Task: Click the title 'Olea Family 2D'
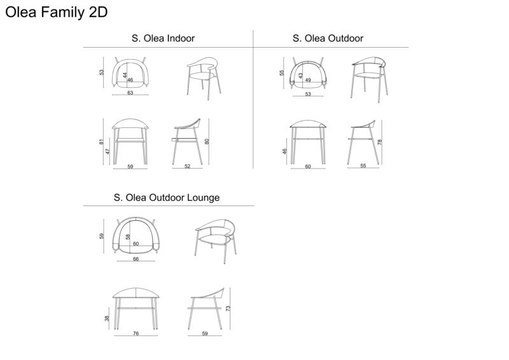(x=57, y=13)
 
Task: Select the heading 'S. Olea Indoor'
(x=163, y=38)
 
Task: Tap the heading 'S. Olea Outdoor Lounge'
(x=167, y=198)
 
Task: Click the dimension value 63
(x=130, y=93)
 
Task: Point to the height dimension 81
(x=101, y=142)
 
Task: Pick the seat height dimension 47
(x=108, y=151)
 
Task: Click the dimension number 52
(x=187, y=166)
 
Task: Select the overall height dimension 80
(x=207, y=142)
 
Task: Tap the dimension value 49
(x=308, y=80)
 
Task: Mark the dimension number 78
(x=380, y=142)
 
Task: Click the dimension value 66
(x=136, y=259)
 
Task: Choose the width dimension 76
(x=136, y=333)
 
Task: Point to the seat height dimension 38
(x=107, y=319)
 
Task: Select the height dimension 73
(x=228, y=308)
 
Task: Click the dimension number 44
(x=125, y=75)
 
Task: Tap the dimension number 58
(x=128, y=237)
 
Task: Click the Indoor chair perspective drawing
(x=204, y=78)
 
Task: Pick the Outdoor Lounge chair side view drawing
(x=206, y=308)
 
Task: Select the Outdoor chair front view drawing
(x=308, y=142)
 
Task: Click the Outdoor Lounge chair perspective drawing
(x=216, y=241)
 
